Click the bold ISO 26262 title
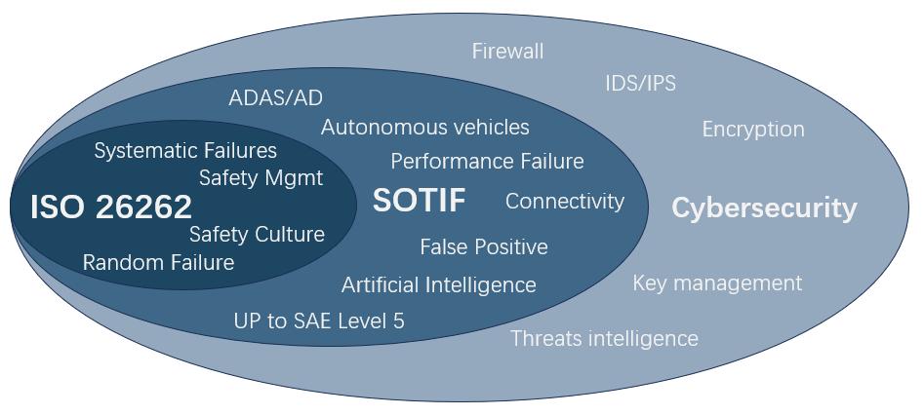click(111, 207)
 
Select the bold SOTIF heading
click(419, 201)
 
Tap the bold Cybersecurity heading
click(764, 207)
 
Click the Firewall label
click(507, 51)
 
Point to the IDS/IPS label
click(640, 83)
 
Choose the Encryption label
click(753, 129)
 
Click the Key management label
click(717, 283)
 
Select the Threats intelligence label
click(604, 338)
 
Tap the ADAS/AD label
click(275, 97)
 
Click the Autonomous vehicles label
click(425, 128)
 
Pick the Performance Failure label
click(487, 161)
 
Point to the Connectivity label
click(565, 202)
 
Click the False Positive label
click(484, 247)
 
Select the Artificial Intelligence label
click(439, 284)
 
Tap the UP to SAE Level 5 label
click(319, 321)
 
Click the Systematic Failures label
click(185, 151)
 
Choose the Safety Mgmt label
click(261, 178)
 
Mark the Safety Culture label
click(257, 235)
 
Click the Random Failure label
click(158, 263)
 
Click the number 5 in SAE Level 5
click(398, 321)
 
